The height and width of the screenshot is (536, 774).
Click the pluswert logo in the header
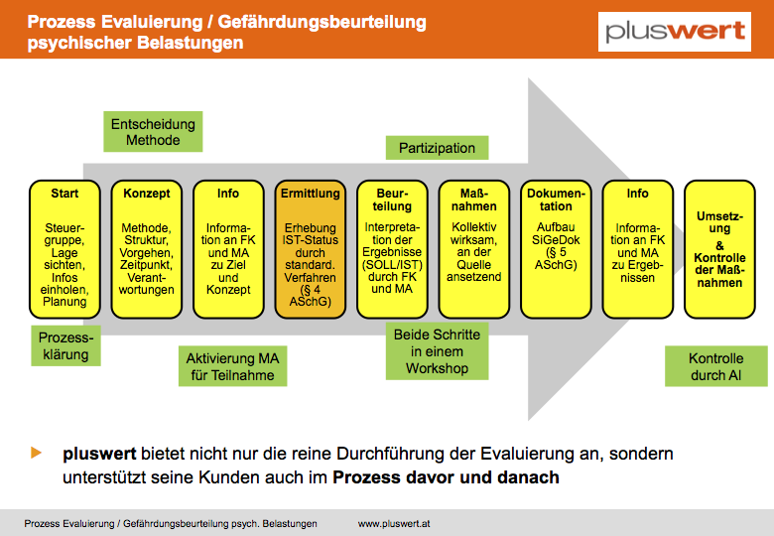(675, 32)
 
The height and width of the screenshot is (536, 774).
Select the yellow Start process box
(64, 249)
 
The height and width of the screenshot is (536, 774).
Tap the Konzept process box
(147, 249)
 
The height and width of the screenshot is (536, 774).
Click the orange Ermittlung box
(311, 249)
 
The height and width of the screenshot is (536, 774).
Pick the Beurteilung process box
(392, 249)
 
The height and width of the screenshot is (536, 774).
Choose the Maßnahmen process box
(474, 249)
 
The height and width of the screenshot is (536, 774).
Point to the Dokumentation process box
(556, 249)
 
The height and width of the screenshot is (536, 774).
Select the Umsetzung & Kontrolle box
(719, 249)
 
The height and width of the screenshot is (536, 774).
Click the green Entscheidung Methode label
(153, 132)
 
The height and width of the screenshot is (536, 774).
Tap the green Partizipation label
(437, 148)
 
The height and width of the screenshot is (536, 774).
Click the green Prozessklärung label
(65, 345)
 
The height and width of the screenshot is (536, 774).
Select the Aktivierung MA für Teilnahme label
(232, 366)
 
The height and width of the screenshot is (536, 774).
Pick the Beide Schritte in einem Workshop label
(437, 351)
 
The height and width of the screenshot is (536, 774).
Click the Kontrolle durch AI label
(716, 366)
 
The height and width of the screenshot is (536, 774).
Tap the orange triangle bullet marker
(36, 453)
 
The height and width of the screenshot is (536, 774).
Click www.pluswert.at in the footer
(394, 524)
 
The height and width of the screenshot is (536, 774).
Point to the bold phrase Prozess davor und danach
(447, 477)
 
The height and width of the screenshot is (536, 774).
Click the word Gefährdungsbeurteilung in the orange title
(322, 22)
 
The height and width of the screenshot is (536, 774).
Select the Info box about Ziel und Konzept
(228, 249)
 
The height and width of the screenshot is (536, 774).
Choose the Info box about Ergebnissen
(638, 249)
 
